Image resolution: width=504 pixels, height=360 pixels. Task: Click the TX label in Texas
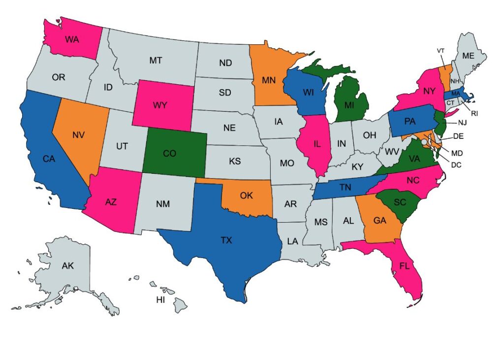(226, 240)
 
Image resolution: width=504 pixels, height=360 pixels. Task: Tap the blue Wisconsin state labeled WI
(308, 93)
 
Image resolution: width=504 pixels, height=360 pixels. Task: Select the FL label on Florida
(404, 266)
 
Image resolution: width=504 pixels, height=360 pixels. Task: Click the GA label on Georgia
(379, 221)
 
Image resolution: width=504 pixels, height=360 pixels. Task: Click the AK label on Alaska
(67, 266)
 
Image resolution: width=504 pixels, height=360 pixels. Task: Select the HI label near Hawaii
(160, 299)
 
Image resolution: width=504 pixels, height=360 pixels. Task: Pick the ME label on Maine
(468, 56)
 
